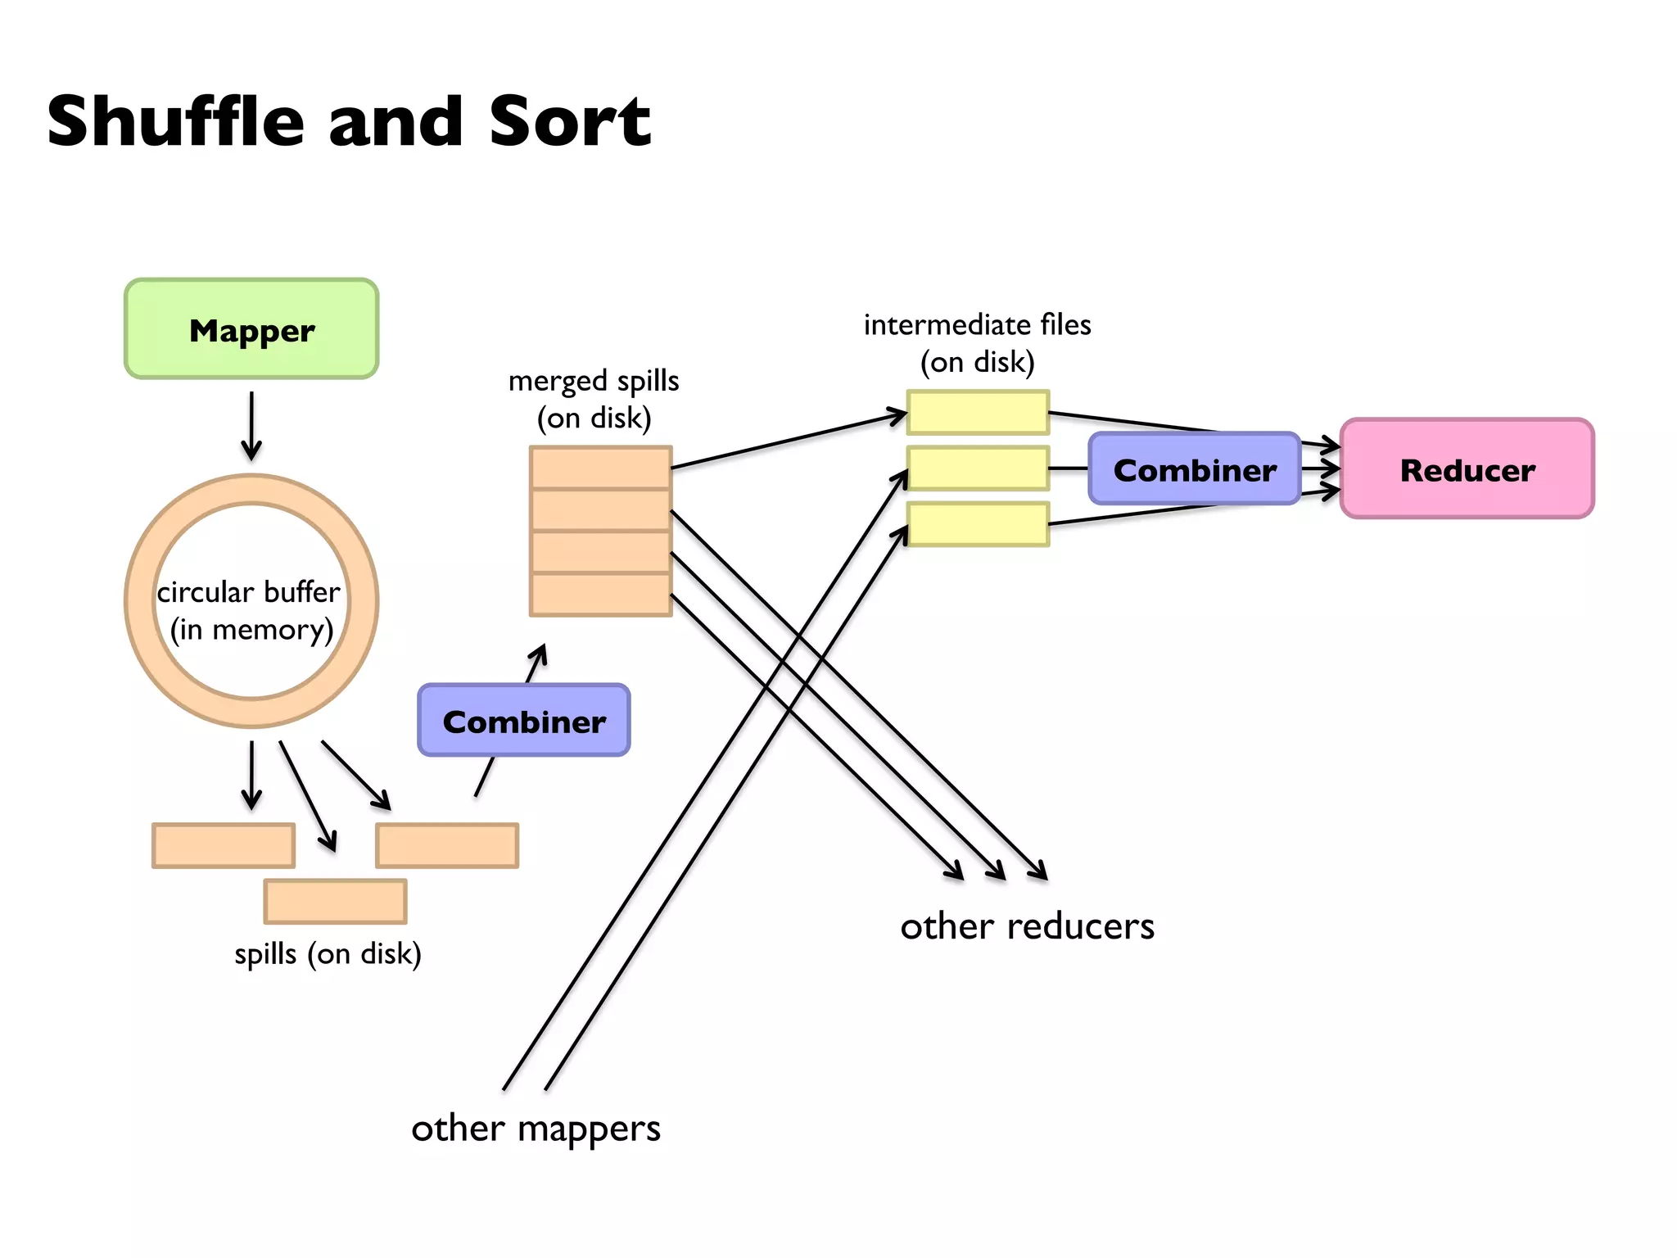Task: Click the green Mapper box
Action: point(251,329)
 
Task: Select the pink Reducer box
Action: point(1467,469)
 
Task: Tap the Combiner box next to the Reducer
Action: point(1194,469)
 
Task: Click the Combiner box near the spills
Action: point(524,721)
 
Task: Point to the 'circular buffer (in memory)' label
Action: point(250,610)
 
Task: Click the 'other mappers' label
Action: point(536,1129)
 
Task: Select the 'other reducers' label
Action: point(1027,926)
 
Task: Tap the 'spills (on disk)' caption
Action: point(328,954)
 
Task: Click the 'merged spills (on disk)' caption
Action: point(594,400)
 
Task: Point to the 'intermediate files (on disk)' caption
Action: point(977,343)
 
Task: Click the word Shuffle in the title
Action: point(175,121)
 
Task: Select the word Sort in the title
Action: point(570,121)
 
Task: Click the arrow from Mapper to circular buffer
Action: point(251,426)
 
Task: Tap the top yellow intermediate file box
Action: point(978,412)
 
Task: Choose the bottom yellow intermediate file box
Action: point(978,524)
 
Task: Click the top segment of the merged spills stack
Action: point(600,468)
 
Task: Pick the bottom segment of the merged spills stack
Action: point(600,595)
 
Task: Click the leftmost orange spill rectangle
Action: point(224,845)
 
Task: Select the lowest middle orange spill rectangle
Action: point(335,901)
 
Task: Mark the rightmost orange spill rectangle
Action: point(447,845)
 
